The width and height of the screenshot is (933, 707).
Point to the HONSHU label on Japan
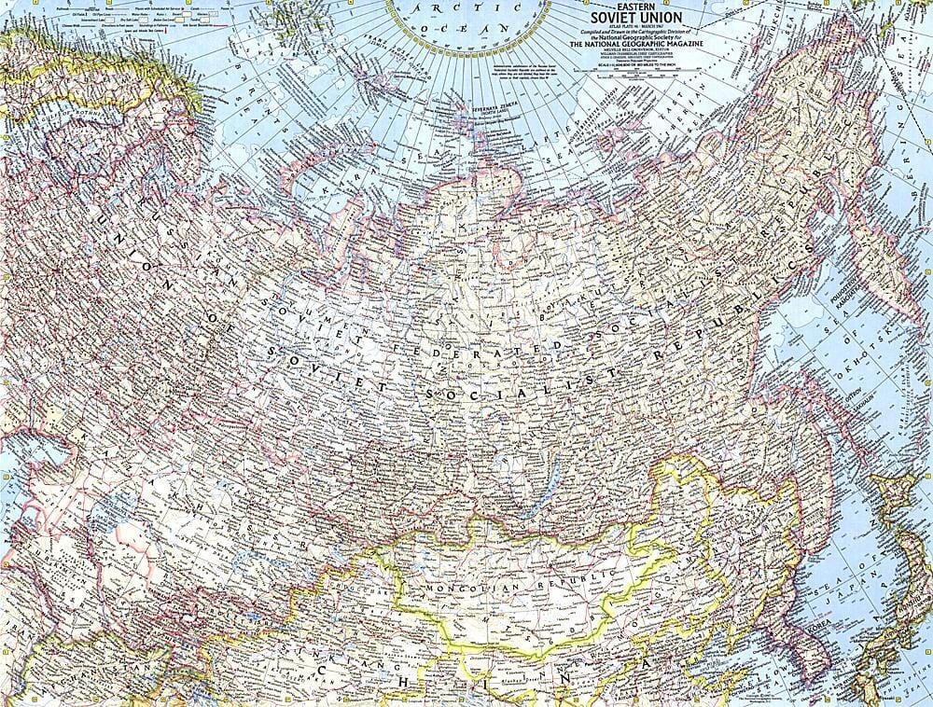(896, 653)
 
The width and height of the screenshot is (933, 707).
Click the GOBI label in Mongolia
(522, 634)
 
